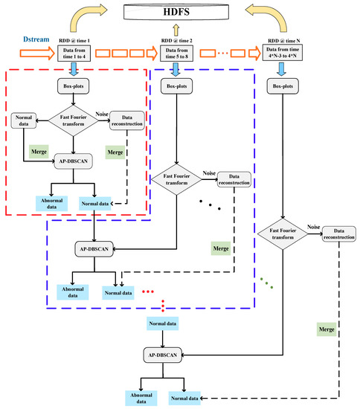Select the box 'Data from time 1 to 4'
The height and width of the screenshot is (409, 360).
coord(76,54)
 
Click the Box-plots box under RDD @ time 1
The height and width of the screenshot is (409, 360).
coord(76,86)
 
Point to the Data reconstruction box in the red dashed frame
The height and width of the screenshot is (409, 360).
coord(126,121)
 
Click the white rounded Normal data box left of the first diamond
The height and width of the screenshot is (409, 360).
coord(24,121)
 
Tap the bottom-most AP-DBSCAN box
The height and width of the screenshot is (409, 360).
coord(163,355)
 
